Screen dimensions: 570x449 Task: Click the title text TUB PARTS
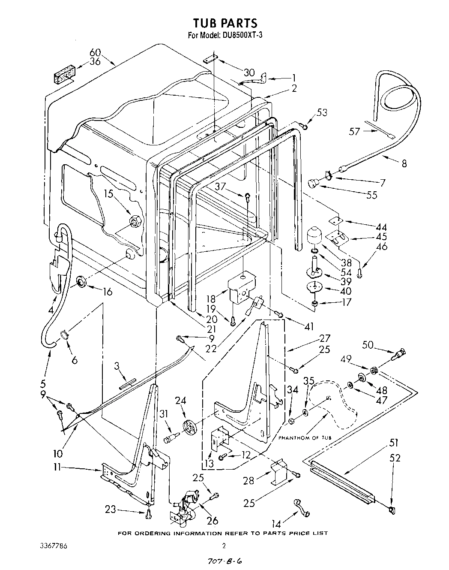(224, 23)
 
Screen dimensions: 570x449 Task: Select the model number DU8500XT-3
(243, 35)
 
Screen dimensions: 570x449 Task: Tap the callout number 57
(354, 131)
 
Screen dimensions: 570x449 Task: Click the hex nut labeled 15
(136, 221)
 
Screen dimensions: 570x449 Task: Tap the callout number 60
(95, 53)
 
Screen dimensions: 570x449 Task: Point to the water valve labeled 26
(184, 508)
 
